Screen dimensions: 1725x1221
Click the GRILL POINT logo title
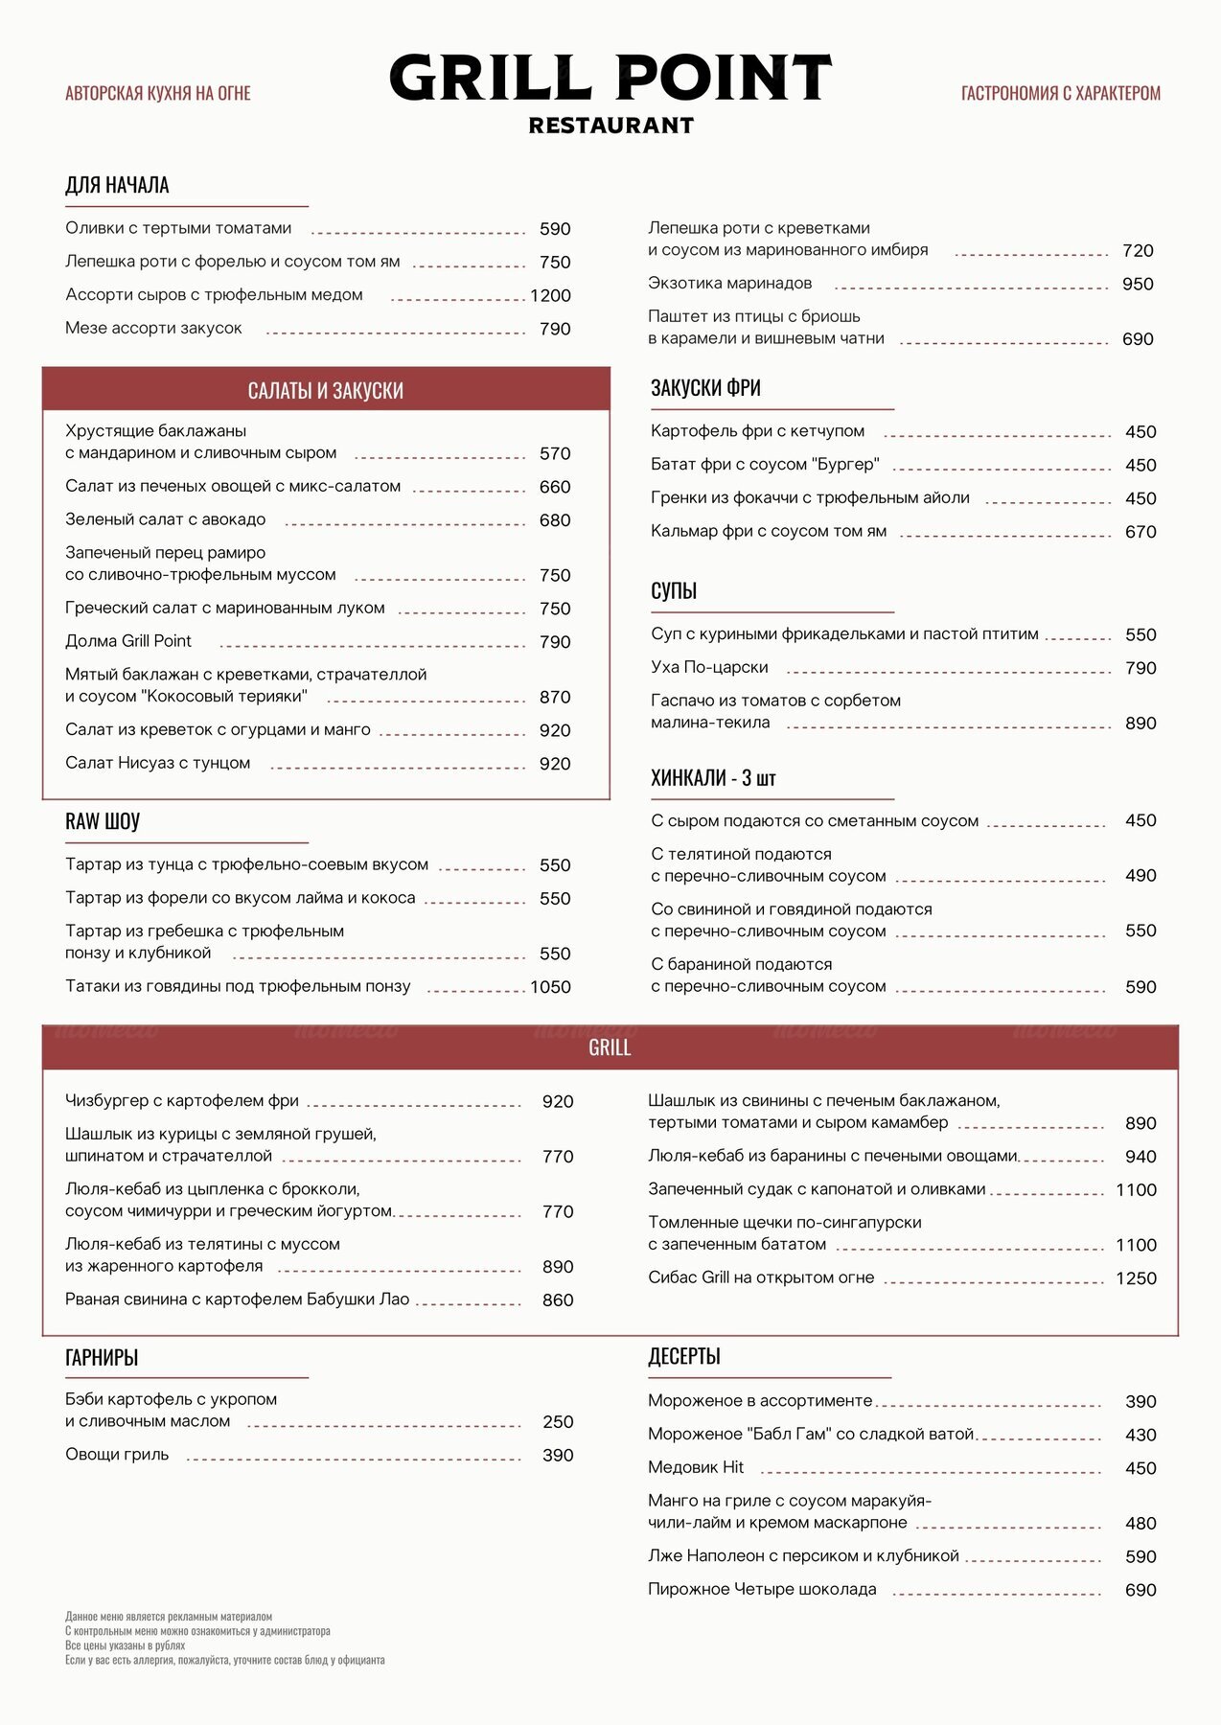(610, 79)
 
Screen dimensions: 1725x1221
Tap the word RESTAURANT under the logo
(610, 126)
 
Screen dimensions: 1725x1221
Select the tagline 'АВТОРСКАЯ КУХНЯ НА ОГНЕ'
(158, 93)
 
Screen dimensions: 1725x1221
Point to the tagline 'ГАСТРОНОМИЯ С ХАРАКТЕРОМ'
(1060, 93)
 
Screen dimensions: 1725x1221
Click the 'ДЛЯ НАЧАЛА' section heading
(117, 185)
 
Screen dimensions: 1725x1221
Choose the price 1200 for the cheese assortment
(550, 295)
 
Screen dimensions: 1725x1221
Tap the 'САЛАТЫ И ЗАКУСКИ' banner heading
(326, 390)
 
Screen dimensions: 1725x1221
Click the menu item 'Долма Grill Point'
(128, 641)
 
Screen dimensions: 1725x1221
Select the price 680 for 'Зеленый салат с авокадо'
(555, 520)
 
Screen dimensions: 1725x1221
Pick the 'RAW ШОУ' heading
(103, 821)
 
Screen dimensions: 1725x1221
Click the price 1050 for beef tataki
(550, 987)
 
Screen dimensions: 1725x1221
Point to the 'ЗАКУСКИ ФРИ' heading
(705, 388)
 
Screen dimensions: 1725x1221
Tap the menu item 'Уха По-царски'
(709, 667)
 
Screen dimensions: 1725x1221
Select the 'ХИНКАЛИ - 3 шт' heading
(713, 778)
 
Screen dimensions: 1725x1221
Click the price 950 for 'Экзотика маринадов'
(1138, 284)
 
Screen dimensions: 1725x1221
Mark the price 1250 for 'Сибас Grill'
(1136, 1278)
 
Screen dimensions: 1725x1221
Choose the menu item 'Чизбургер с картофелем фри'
(182, 1101)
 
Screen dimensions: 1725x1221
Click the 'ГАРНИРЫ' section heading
(102, 1357)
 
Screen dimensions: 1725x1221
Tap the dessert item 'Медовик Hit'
(696, 1467)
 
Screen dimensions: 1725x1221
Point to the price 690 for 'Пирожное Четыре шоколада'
(1140, 1590)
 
